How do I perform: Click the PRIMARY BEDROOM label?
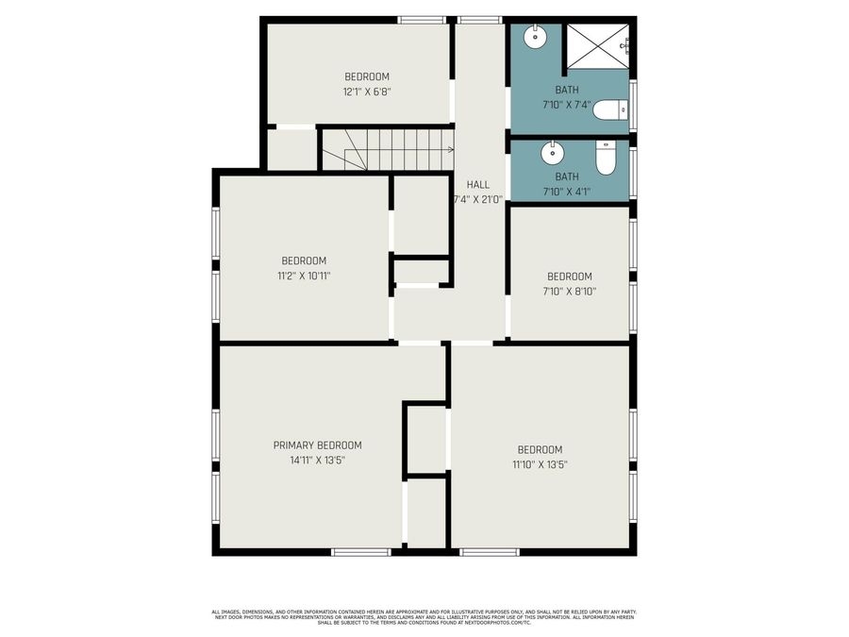pos(317,445)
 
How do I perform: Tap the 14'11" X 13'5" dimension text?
pos(317,461)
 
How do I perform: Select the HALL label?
pos(478,184)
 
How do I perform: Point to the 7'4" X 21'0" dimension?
pos(478,199)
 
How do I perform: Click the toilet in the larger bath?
pos(610,110)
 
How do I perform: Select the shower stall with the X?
pos(596,45)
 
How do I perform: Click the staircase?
pos(388,149)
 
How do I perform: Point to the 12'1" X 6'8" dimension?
pos(366,92)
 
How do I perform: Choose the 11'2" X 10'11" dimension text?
pos(304,277)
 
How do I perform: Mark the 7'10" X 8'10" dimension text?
pos(570,292)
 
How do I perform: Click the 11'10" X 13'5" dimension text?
pos(540,464)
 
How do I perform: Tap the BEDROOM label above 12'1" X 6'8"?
pos(366,77)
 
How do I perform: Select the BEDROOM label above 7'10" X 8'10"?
pos(570,277)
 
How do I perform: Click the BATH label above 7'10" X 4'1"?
pos(567,176)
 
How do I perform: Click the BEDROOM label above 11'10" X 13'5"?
pos(540,449)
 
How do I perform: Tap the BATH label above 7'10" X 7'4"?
pos(567,91)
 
